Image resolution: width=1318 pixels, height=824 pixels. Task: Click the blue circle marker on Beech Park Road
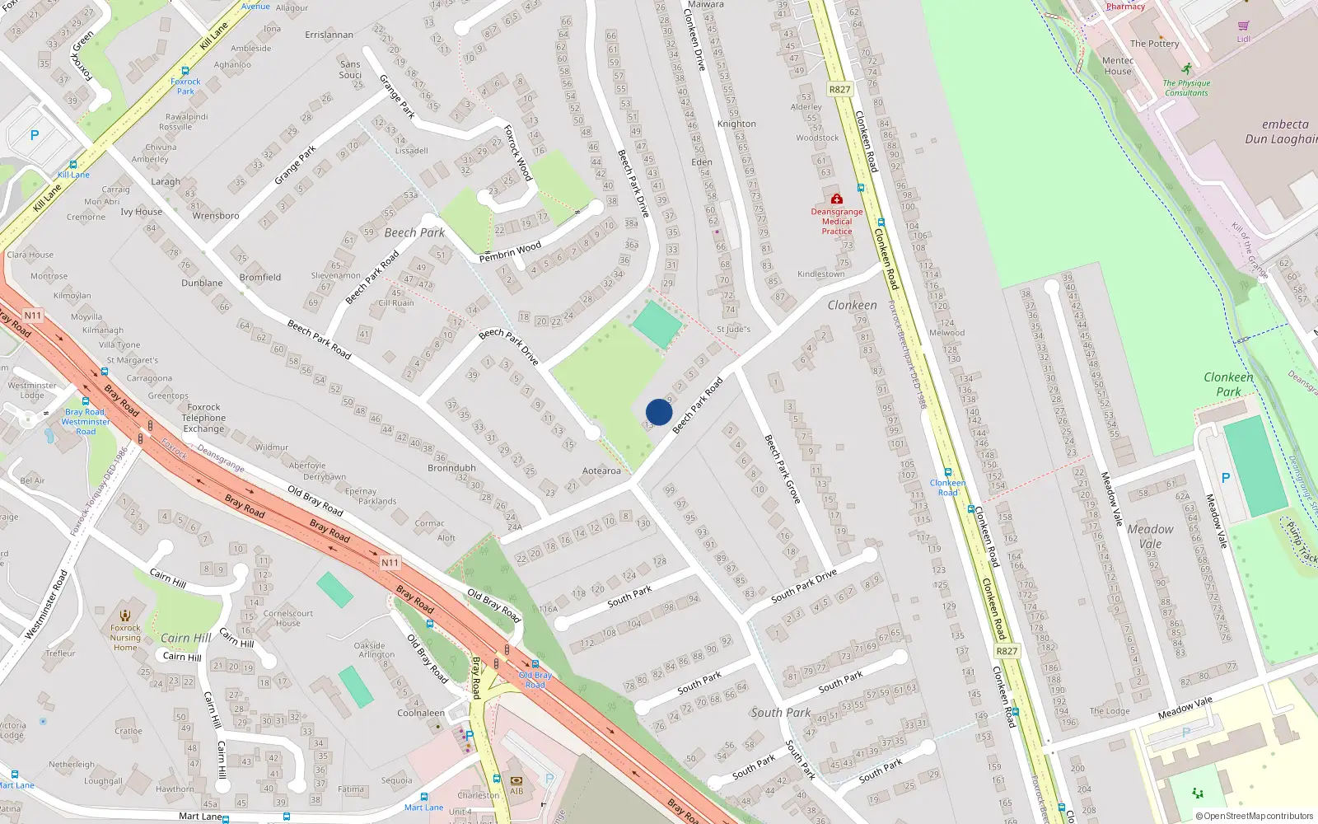point(659,412)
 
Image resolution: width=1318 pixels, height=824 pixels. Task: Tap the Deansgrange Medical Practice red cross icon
point(837,199)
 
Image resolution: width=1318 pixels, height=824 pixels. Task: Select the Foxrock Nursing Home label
point(125,637)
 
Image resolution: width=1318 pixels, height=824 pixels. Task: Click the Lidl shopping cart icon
point(1243,26)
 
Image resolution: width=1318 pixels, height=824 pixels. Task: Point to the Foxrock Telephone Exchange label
point(203,418)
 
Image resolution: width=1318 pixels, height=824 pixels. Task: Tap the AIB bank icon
point(516,780)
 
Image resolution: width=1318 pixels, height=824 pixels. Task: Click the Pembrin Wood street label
point(511,251)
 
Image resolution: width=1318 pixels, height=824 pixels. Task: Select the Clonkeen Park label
point(1228,384)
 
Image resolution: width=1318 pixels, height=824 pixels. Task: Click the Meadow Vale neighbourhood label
point(1150,536)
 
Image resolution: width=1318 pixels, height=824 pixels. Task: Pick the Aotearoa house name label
point(601,471)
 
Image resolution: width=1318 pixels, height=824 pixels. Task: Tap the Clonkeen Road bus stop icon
point(948,472)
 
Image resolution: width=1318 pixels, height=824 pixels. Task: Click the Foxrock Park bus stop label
point(185,86)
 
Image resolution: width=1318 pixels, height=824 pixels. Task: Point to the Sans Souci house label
point(350,69)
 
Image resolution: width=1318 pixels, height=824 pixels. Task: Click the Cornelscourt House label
point(288,618)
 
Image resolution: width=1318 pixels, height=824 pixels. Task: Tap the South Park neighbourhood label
point(780,713)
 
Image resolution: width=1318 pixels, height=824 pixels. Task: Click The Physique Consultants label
point(1186,87)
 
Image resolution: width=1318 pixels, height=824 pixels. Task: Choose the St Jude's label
point(733,329)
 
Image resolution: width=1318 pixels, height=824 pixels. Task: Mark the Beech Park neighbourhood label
point(414,232)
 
